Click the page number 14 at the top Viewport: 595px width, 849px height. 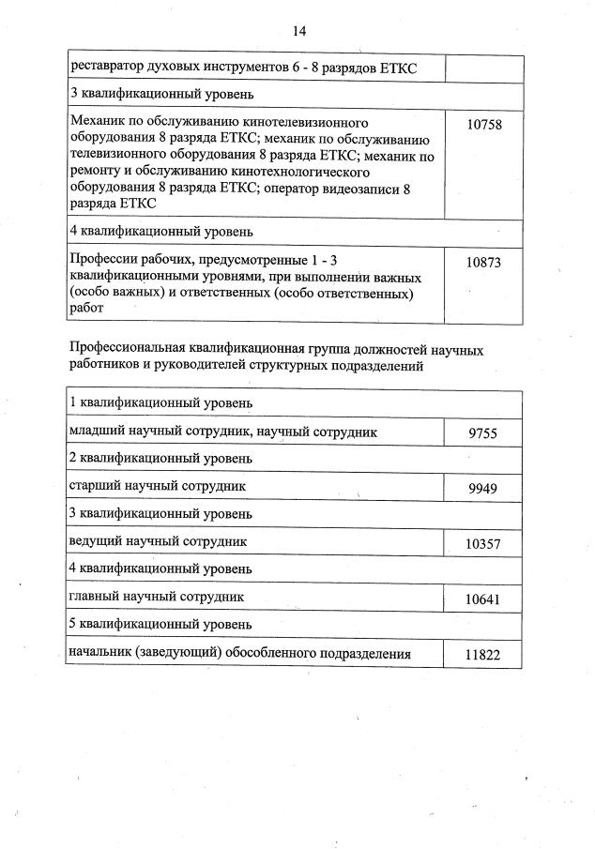(300, 30)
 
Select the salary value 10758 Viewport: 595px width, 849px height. (483, 124)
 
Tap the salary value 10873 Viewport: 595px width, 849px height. (483, 263)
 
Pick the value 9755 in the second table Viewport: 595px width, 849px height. (483, 432)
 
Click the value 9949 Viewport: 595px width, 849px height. (483, 489)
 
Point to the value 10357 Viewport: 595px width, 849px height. (483, 543)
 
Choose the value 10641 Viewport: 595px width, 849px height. (483, 599)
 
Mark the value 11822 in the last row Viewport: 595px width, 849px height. (483, 655)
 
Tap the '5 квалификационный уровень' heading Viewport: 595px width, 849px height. (160, 624)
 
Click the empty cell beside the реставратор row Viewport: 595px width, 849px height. (483, 68)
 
